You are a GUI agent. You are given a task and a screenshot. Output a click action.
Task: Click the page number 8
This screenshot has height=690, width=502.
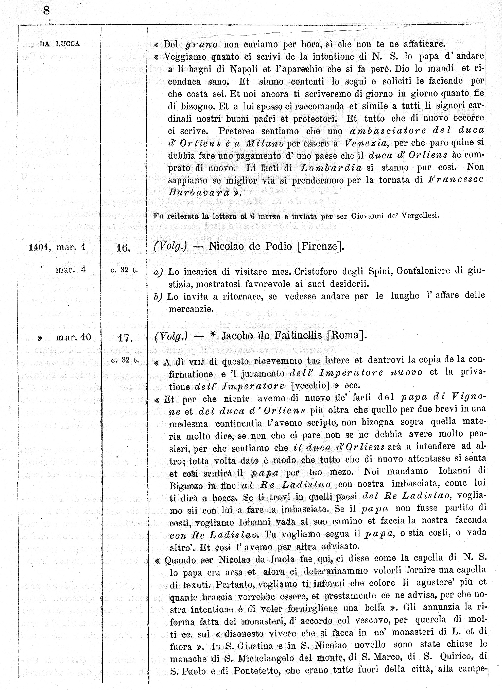click(x=46, y=11)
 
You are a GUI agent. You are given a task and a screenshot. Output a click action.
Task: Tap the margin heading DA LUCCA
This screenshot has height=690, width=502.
click(x=60, y=44)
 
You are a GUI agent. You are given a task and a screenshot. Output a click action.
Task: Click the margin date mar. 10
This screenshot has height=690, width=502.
click(x=73, y=337)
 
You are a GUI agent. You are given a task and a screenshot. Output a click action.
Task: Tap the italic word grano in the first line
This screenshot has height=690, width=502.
click(x=201, y=45)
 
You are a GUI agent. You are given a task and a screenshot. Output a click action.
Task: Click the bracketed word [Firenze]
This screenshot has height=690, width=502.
click(x=320, y=246)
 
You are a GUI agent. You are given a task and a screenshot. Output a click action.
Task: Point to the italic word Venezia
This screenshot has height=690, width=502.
click(x=366, y=143)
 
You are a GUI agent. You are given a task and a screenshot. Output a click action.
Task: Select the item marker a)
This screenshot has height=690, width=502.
click(x=158, y=272)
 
